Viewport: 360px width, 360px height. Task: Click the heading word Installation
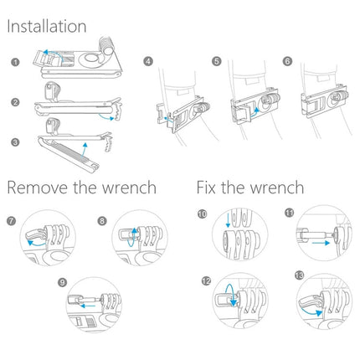pyautogui.click(x=47, y=27)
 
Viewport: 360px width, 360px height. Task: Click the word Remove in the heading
pyautogui.click(x=39, y=187)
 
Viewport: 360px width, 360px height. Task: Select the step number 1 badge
pyautogui.click(x=15, y=62)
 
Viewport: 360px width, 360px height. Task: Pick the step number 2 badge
pyautogui.click(x=15, y=101)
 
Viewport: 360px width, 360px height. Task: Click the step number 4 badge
pyautogui.click(x=148, y=62)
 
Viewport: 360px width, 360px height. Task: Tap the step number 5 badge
pyautogui.click(x=216, y=62)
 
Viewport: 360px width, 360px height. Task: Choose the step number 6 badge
pyautogui.click(x=288, y=62)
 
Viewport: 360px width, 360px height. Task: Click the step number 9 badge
pyautogui.click(x=60, y=282)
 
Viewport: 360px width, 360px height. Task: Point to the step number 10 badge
pyautogui.click(x=203, y=215)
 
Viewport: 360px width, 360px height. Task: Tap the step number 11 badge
pyautogui.click(x=289, y=215)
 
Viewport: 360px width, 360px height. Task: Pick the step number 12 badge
pyautogui.click(x=205, y=280)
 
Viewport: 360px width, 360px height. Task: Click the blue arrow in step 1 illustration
pyautogui.click(x=52, y=52)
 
